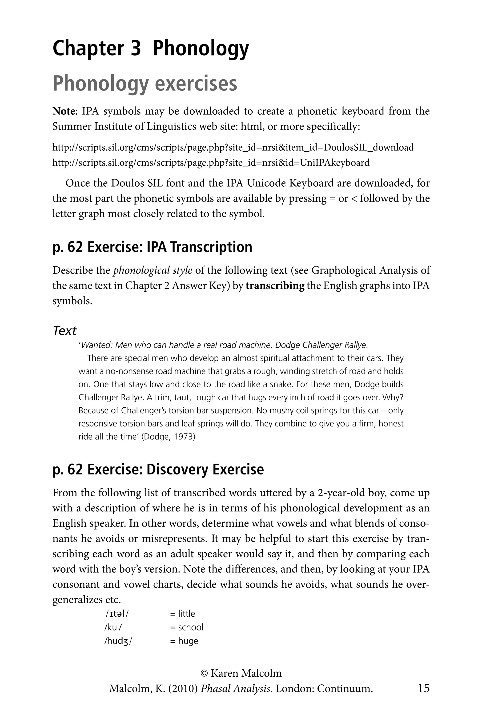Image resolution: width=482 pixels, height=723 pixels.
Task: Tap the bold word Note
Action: pyautogui.click(x=64, y=111)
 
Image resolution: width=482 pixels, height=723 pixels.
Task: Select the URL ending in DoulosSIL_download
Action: pyautogui.click(x=233, y=147)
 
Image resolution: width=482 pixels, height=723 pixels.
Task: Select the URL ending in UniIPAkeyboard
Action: pyautogui.click(x=211, y=162)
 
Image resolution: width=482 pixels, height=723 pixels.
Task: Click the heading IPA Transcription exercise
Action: pyautogui.click(x=152, y=247)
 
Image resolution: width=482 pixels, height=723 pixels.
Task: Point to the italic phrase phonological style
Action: pyautogui.click(x=153, y=270)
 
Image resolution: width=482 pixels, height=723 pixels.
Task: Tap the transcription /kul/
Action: pyautogui.click(x=113, y=627)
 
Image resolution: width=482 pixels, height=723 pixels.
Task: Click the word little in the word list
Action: pyautogui.click(x=187, y=614)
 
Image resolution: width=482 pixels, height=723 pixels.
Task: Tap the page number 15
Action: pyautogui.click(x=423, y=688)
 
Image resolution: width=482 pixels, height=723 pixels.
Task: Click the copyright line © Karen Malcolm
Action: pyautogui.click(x=241, y=673)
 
